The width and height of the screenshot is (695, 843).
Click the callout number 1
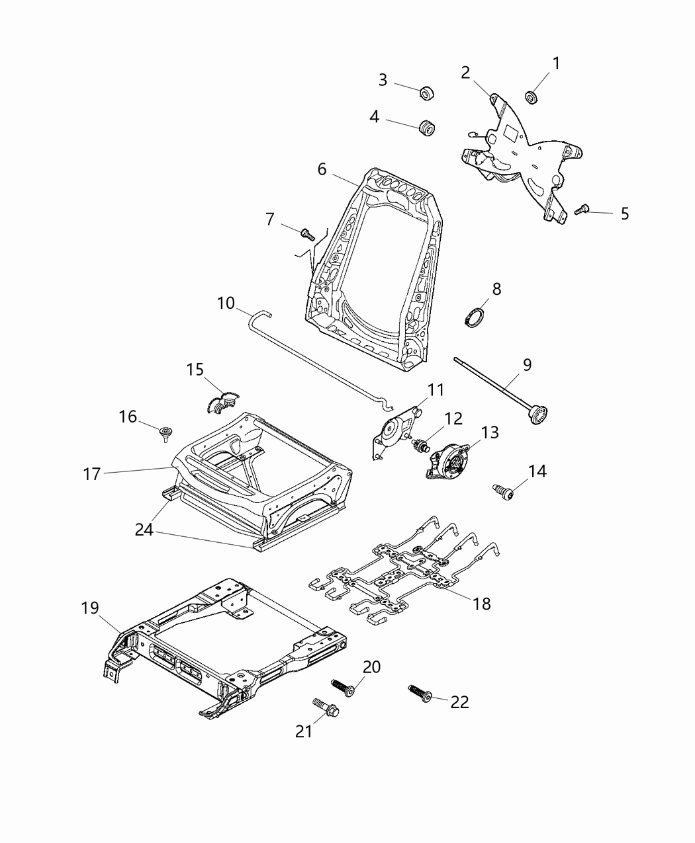click(x=556, y=63)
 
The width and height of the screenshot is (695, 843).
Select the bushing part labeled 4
click(x=428, y=127)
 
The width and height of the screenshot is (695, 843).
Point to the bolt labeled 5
click(x=581, y=209)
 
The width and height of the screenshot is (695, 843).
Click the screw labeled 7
click(x=306, y=233)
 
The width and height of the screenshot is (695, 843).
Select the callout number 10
click(x=226, y=303)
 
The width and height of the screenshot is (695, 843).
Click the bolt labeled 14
click(x=503, y=490)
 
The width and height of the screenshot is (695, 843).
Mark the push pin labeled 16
click(x=165, y=434)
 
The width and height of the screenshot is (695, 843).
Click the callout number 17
click(x=92, y=474)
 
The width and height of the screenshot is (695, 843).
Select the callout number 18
click(x=482, y=603)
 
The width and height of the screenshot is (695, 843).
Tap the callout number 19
click(x=89, y=608)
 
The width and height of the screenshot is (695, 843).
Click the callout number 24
click(x=144, y=530)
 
